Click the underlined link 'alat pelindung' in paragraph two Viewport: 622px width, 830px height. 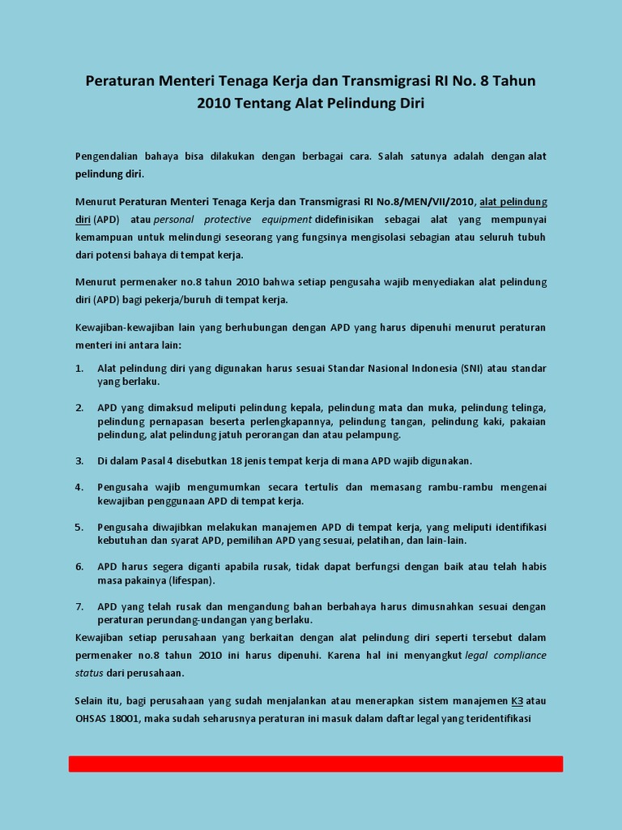point(513,202)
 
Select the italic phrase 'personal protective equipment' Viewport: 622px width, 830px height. point(232,220)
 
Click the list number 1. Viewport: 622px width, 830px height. point(79,368)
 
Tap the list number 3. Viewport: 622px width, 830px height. point(79,461)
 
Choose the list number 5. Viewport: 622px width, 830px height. point(79,527)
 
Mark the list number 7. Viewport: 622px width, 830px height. point(79,606)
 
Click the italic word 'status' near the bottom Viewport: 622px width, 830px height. point(89,673)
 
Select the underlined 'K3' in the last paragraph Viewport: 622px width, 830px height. point(517,700)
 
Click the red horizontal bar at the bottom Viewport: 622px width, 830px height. point(315,764)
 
